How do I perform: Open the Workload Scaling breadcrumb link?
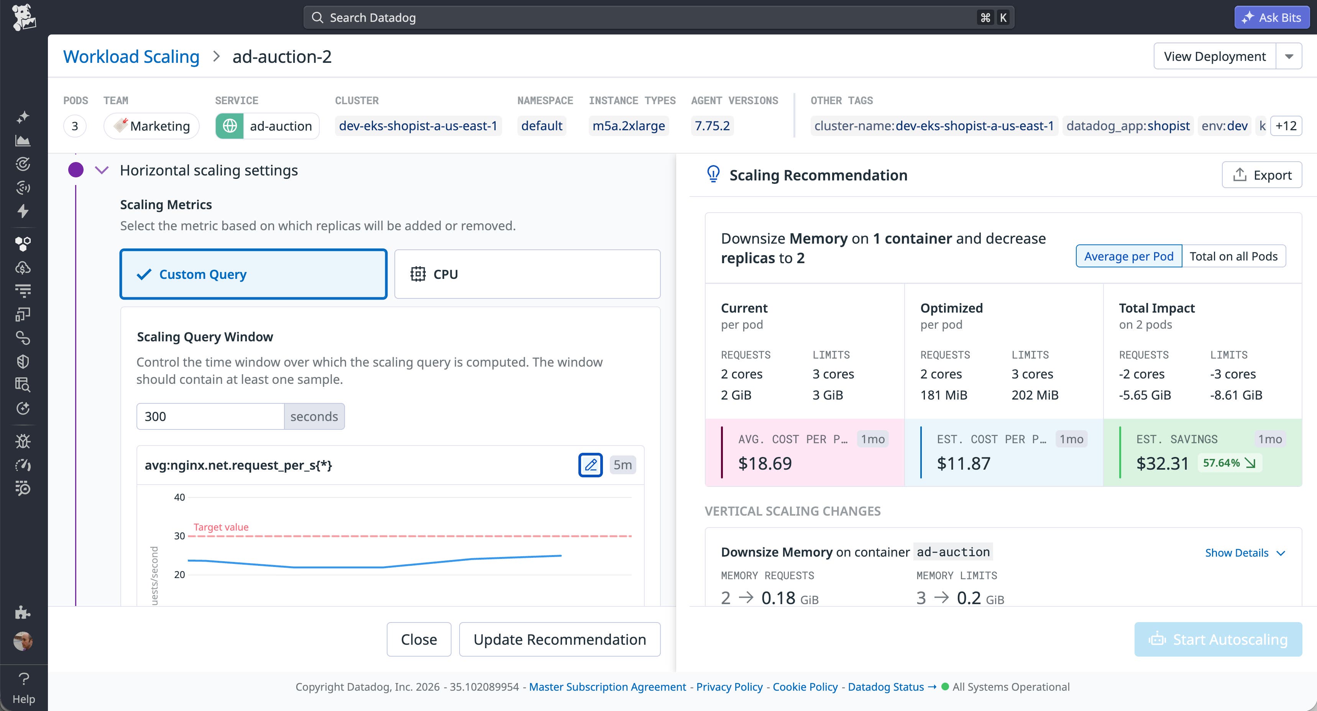pos(131,56)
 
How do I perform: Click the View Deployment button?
pos(1215,56)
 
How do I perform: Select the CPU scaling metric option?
pos(527,274)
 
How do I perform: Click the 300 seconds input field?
pos(210,416)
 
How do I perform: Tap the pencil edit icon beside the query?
pos(591,465)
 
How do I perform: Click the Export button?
pos(1262,175)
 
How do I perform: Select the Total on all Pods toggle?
pos(1233,256)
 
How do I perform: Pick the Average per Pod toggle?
pos(1129,256)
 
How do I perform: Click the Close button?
pos(419,639)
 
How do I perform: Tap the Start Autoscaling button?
pos(1218,639)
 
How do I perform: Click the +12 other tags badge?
pos(1286,126)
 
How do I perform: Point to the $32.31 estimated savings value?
pos(1162,463)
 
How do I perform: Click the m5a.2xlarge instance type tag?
pos(628,126)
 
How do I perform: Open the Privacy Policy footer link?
pos(729,686)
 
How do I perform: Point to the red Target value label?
pos(221,527)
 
